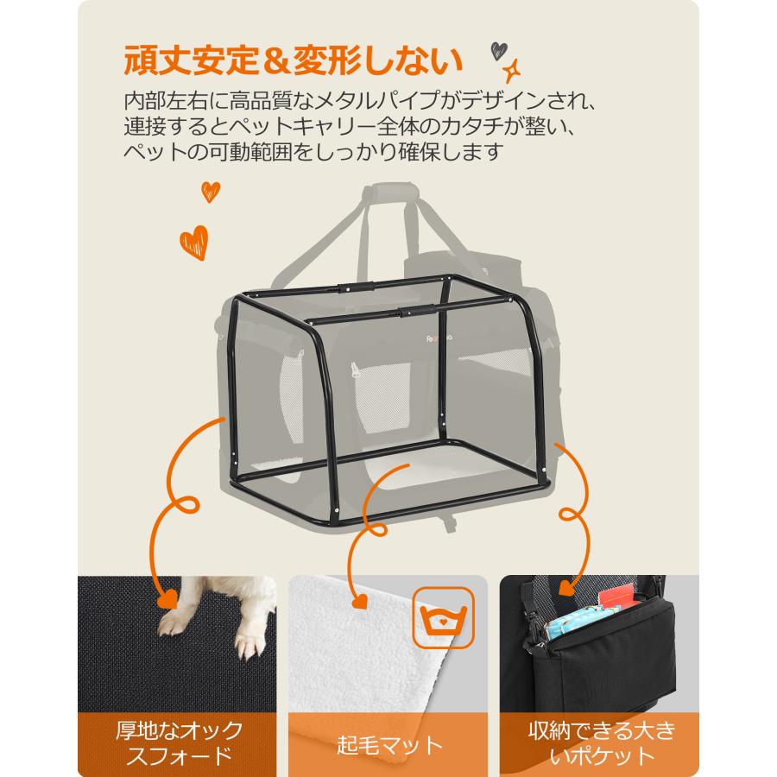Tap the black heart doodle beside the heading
[499, 49]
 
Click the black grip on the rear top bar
[357, 284]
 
